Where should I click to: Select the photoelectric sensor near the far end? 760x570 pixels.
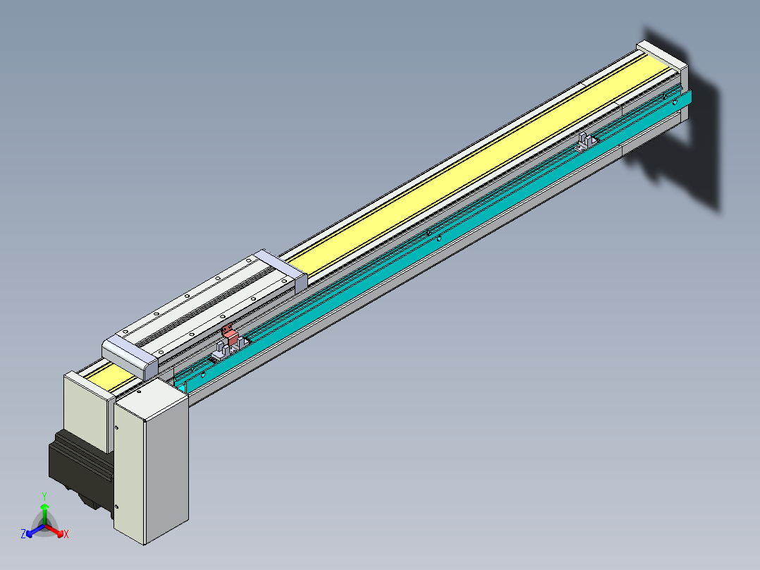pyautogui.click(x=586, y=142)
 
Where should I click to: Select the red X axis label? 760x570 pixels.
pyautogui.click(x=66, y=535)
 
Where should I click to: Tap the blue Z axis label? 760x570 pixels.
pyautogui.click(x=23, y=534)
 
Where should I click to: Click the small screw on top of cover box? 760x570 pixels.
pyautogui.click(x=140, y=390)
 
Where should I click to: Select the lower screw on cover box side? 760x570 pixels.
pyautogui.click(x=116, y=507)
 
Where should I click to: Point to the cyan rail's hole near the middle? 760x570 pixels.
pyautogui.click(x=439, y=238)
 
